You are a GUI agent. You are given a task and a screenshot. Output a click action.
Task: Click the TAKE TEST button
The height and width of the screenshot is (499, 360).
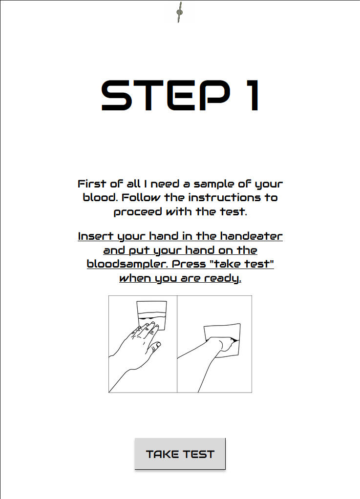click(180, 454)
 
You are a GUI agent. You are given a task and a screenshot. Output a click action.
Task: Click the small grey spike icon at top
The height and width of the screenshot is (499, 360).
click(180, 12)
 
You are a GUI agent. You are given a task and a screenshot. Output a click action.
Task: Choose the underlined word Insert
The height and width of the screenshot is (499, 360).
click(95, 236)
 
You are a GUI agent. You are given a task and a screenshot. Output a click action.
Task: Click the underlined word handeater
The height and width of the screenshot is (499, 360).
click(251, 236)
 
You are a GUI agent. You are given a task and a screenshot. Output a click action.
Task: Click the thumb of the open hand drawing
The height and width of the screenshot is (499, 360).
click(155, 346)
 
